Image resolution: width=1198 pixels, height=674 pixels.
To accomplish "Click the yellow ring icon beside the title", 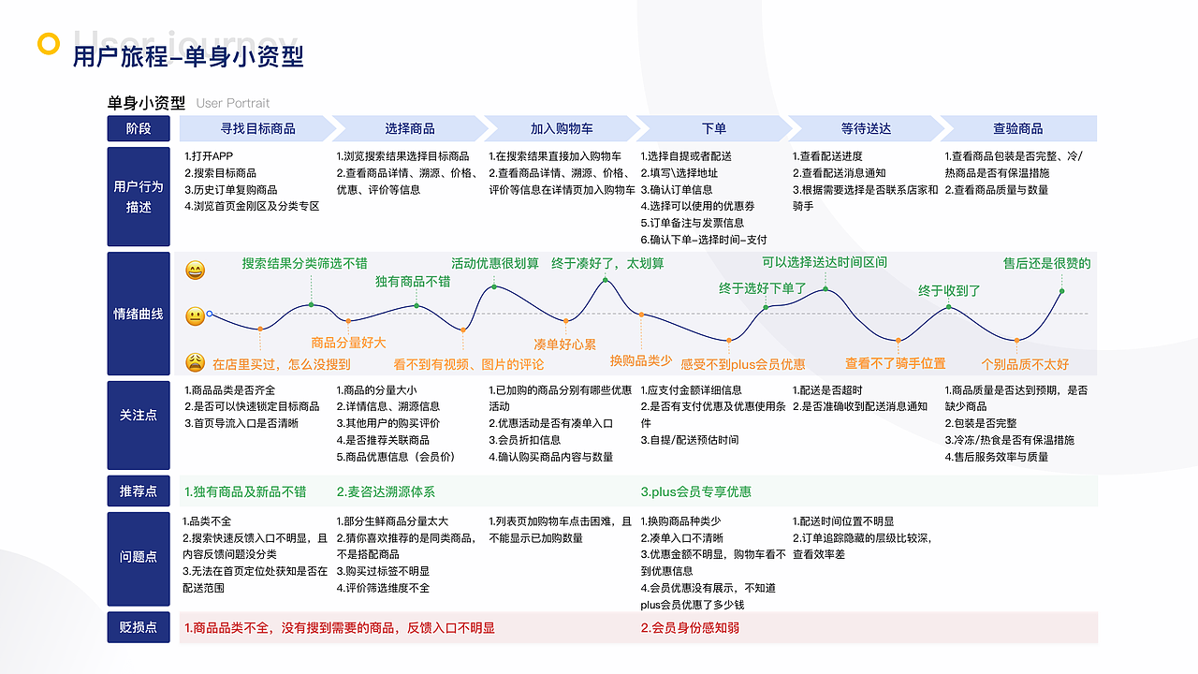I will pyautogui.click(x=48, y=44).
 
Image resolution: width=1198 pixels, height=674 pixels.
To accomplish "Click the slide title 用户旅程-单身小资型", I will pyautogui.click(x=188, y=56).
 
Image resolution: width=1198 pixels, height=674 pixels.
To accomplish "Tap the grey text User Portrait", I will pyautogui.click(x=233, y=103).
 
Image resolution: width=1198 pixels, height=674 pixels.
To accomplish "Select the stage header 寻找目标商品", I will pyautogui.click(x=257, y=128).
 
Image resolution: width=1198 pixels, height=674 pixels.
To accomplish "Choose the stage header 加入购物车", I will pyautogui.click(x=562, y=128).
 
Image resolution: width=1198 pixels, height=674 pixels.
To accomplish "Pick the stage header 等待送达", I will pyautogui.click(x=866, y=128).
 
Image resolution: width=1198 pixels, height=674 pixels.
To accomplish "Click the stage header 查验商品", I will pyautogui.click(x=1017, y=128).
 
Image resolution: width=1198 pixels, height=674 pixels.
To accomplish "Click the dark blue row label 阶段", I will pyautogui.click(x=139, y=128).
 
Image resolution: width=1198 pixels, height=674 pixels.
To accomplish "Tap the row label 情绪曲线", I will pyautogui.click(x=139, y=314).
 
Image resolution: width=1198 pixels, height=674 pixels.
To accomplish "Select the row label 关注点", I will pyautogui.click(x=139, y=415).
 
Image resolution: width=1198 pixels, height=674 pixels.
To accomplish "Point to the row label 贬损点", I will pyautogui.click(x=139, y=627).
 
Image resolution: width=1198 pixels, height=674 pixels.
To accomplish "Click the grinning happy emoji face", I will pyautogui.click(x=195, y=271).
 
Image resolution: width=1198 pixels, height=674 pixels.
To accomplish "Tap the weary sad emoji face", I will pyautogui.click(x=195, y=362).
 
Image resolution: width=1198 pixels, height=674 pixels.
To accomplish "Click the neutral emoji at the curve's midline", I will pyautogui.click(x=195, y=316).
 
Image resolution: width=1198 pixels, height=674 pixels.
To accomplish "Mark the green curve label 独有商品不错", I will pyautogui.click(x=413, y=281).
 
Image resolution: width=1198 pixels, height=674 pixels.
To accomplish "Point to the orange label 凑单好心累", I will pyautogui.click(x=564, y=344).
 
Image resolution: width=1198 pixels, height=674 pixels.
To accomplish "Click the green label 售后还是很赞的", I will pyautogui.click(x=1046, y=263).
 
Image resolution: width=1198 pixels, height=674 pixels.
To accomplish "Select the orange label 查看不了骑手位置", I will pyautogui.click(x=895, y=363).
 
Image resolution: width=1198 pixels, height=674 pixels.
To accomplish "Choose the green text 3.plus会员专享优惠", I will pyautogui.click(x=695, y=491).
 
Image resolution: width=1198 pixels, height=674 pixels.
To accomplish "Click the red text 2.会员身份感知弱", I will pyautogui.click(x=690, y=627).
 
